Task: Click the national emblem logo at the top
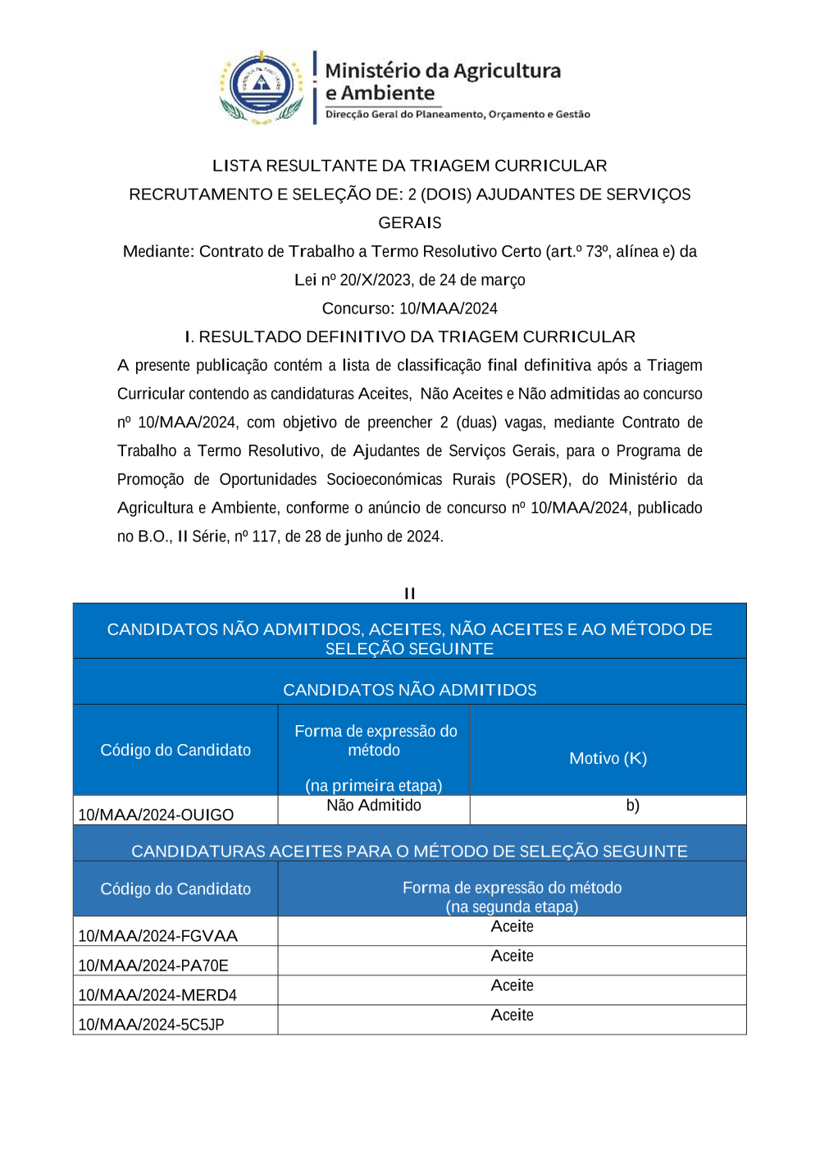(x=262, y=87)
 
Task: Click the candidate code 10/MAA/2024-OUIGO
(x=156, y=815)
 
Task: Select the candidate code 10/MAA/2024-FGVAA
(x=157, y=936)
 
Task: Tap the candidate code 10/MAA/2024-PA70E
(x=153, y=966)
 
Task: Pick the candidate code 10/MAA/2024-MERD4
(x=157, y=995)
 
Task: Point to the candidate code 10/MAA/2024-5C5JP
(x=151, y=1025)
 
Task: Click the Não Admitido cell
(x=374, y=806)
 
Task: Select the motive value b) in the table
(x=632, y=806)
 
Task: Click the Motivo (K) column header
(x=608, y=758)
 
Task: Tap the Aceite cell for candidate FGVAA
(x=512, y=927)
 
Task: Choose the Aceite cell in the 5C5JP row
(x=512, y=1016)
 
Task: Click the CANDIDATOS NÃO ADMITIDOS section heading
(x=409, y=690)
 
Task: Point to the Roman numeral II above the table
(x=409, y=593)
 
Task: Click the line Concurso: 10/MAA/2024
(x=409, y=308)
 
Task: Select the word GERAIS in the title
(x=409, y=223)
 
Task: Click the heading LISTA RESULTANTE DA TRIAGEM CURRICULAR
(x=409, y=166)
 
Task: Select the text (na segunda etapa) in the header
(x=512, y=907)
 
